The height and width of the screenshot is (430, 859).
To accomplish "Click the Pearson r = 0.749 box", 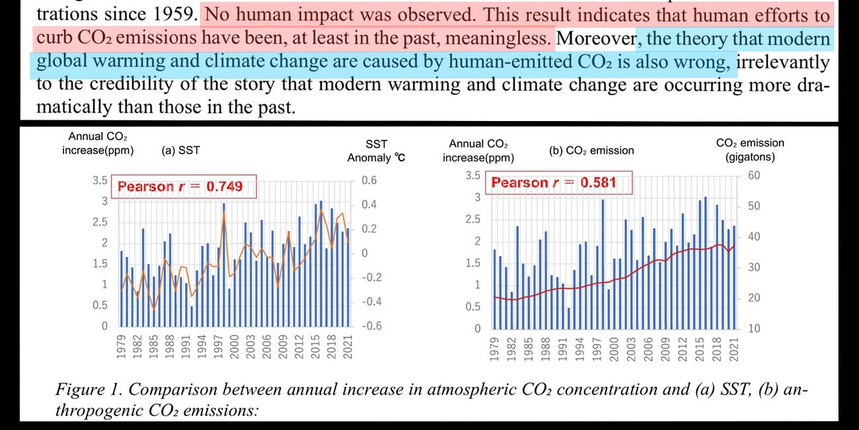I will tap(180, 187).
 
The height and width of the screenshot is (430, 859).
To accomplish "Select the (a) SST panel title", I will tap(180, 151).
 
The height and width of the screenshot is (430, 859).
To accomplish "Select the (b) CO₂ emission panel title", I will tap(591, 150).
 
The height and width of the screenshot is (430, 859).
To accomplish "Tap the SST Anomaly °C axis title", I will tap(377, 151).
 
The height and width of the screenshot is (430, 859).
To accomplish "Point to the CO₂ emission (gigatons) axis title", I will tap(750, 150).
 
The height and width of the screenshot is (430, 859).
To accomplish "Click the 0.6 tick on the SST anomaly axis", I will tap(369, 181).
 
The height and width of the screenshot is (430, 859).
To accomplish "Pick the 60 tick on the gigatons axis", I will tap(753, 175).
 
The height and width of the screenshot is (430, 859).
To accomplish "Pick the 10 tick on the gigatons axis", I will tap(753, 328).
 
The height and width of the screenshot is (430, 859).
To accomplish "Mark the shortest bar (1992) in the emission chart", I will tap(569, 318).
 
